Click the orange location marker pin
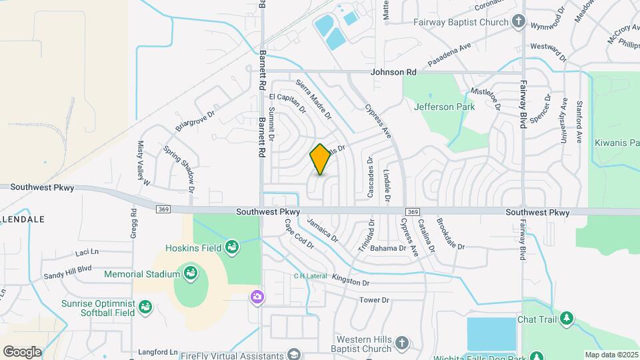(x=320, y=159)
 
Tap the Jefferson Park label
(x=444, y=107)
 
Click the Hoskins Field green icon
(x=231, y=248)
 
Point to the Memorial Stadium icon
(x=190, y=273)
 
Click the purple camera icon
(x=257, y=297)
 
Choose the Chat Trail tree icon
(x=566, y=319)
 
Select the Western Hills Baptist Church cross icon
(x=401, y=343)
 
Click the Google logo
(x=22, y=351)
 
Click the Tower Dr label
(x=374, y=300)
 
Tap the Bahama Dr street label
(x=389, y=249)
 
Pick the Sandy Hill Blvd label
(x=67, y=272)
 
